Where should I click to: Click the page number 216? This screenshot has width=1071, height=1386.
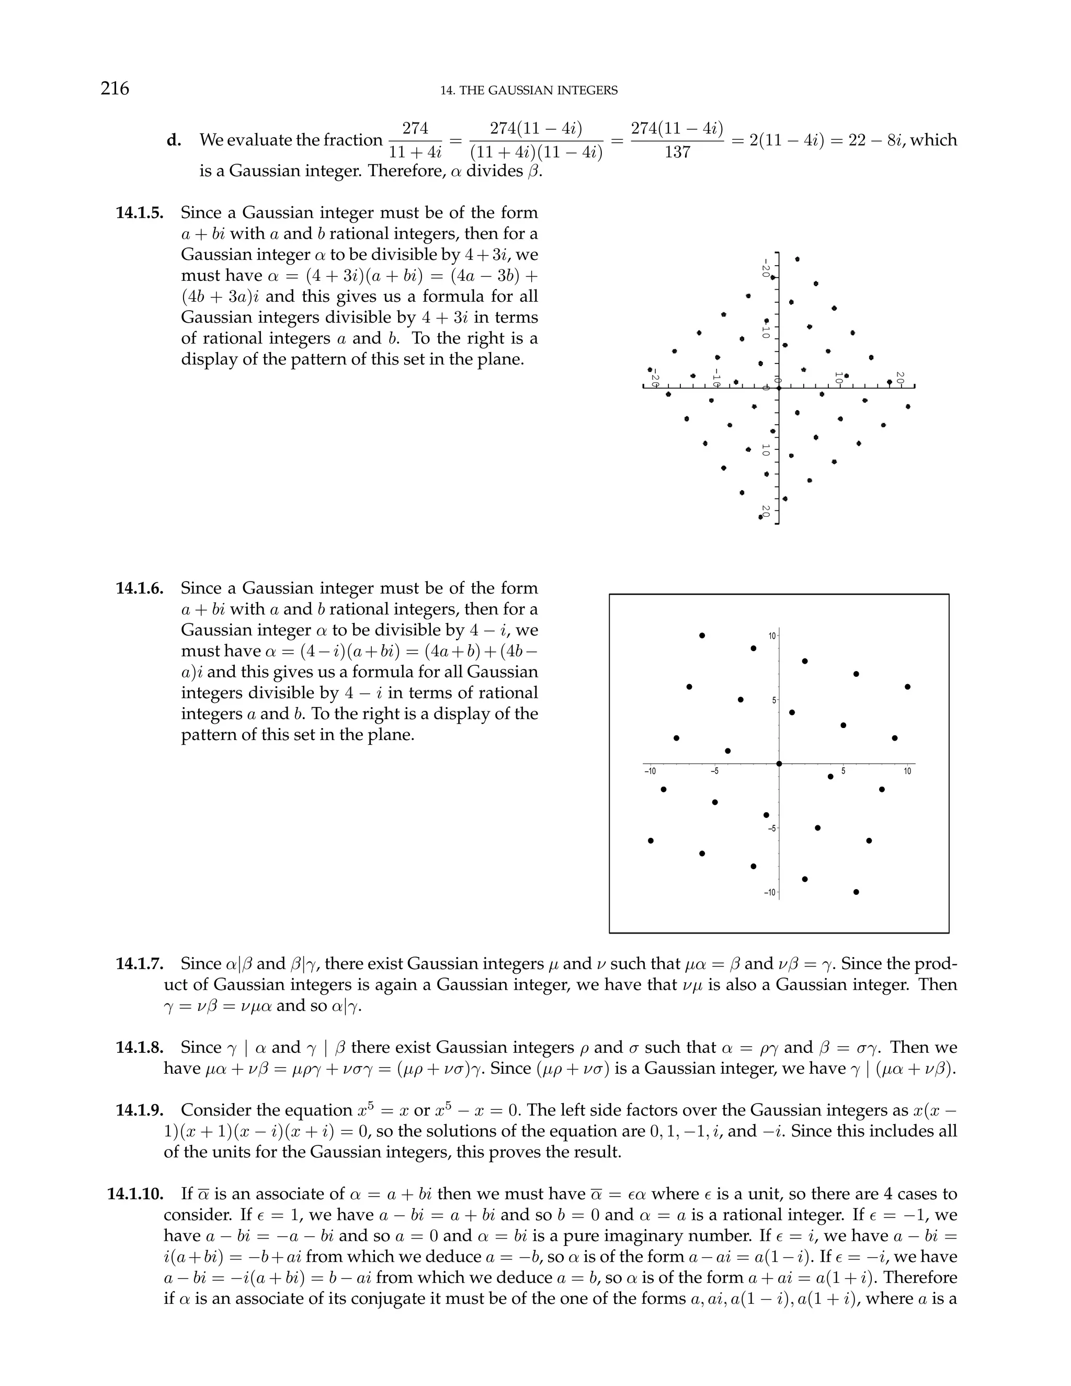[115, 88]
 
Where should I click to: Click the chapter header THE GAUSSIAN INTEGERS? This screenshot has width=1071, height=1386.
[529, 91]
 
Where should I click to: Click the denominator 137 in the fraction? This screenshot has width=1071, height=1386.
[677, 153]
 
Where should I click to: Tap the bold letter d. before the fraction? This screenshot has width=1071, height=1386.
[174, 140]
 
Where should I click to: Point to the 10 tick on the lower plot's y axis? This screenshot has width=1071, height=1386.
[771, 635]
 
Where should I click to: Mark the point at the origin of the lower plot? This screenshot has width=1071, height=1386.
[779, 764]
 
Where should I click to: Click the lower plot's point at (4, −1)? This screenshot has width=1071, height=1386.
[830, 776]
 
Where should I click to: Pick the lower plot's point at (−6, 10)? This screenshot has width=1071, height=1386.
[702, 635]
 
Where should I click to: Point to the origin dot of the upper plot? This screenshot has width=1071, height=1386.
[779, 387]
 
